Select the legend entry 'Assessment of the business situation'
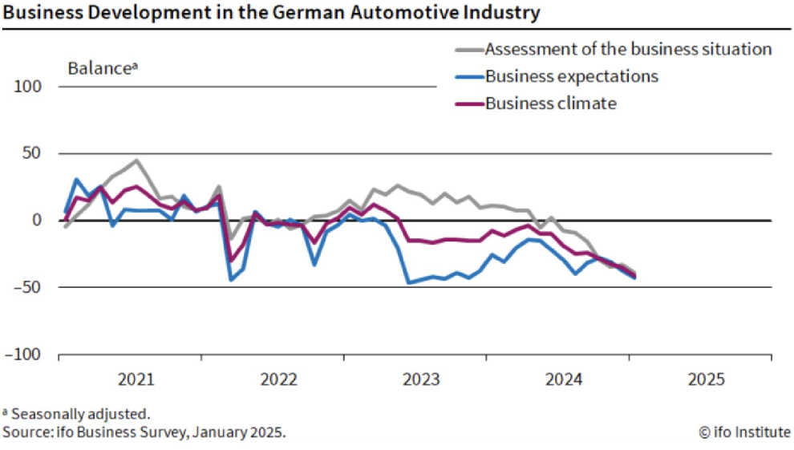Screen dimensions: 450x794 628,49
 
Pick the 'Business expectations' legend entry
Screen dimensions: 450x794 572,76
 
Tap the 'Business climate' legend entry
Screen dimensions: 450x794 551,103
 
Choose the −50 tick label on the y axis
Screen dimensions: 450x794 29,287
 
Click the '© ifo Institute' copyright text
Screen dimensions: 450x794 744,432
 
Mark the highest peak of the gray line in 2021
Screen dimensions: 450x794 136,160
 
